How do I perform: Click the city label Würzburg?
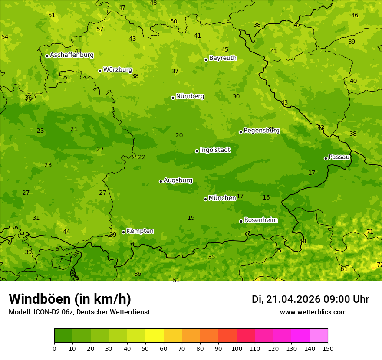[x=118, y=70]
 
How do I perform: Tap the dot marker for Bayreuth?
[x=206, y=59]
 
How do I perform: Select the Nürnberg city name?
[x=190, y=96]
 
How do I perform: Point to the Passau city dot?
[x=326, y=158]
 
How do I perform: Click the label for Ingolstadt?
[x=215, y=150]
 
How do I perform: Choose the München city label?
[x=222, y=198]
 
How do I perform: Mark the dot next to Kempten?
[x=123, y=232]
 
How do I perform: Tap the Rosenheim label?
[x=261, y=220]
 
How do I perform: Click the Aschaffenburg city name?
[x=72, y=55]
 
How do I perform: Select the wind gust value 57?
[x=100, y=29]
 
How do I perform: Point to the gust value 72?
[x=379, y=265]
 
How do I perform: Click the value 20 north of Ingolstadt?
[x=179, y=136]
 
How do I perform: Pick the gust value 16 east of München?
[x=266, y=198]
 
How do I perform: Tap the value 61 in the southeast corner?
[x=344, y=269]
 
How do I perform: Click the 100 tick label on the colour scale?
[x=237, y=348]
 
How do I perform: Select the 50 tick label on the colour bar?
[x=145, y=348]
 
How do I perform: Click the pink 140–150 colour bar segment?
[x=319, y=336]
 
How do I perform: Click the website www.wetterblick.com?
[x=313, y=312]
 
